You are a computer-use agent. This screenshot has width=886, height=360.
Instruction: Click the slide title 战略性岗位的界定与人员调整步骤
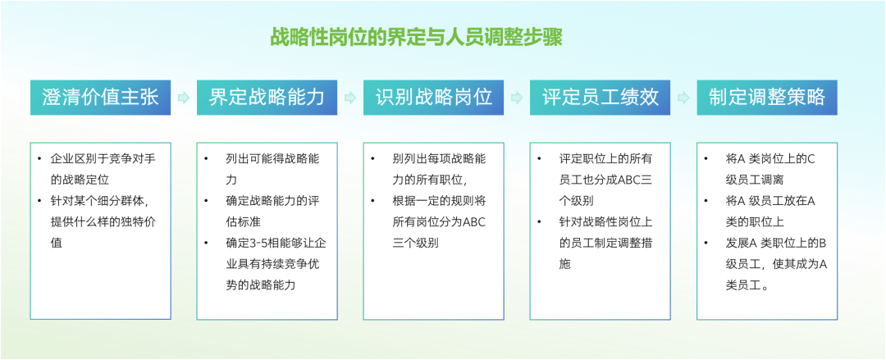pyautogui.click(x=417, y=38)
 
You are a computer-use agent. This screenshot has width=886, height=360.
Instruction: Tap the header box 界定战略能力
pyautogui.click(x=267, y=98)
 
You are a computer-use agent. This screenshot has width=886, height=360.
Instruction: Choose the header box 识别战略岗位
pyautogui.click(x=433, y=98)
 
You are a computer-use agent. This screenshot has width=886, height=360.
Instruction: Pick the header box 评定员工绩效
pyautogui.click(x=600, y=98)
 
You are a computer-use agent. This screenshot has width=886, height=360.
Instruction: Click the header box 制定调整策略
pyautogui.click(x=767, y=98)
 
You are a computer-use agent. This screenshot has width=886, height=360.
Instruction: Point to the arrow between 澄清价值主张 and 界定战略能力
pyautogui.click(x=184, y=98)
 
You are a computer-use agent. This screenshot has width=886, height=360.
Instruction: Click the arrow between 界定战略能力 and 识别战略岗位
pyautogui.click(x=350, y=98)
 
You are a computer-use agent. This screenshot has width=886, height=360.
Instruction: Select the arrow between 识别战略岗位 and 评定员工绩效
pyautogui.click(x=517, y=98)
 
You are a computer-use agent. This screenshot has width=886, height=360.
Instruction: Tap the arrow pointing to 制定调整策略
pyautogui.click(x=683, y=98)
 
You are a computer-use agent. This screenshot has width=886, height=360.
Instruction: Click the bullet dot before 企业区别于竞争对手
pyautogui.click(x=39, y=159)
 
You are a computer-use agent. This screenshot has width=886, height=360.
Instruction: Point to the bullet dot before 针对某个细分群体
pyautogui.click(x=39, y=201)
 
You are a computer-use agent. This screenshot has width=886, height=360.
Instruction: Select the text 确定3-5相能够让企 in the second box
pyautogui.click(x=276, y=243)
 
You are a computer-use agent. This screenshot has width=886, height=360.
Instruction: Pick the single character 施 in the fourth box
pyautogui.click(x=565, y=264)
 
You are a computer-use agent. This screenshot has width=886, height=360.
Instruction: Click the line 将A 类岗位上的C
pyautogui.click(x=770, y=159)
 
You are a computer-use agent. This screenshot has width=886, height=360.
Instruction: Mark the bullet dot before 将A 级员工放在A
pyautogui.click(x=706, y=201)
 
